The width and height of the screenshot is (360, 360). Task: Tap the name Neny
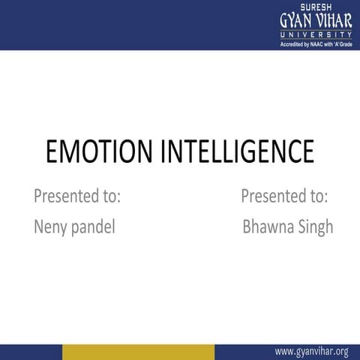pyautogui.click(x=51, y=227)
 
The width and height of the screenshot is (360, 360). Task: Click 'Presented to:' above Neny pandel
pyautogui.click(x=77, y=196)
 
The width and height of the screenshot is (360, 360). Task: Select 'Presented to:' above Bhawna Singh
pyautogui.click(x=284, y=196)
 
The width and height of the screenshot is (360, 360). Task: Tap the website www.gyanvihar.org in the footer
pyautogui.click(x=312, y=351)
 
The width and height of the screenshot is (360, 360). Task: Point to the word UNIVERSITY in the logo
pyautogui.click(x=315, y=35)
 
